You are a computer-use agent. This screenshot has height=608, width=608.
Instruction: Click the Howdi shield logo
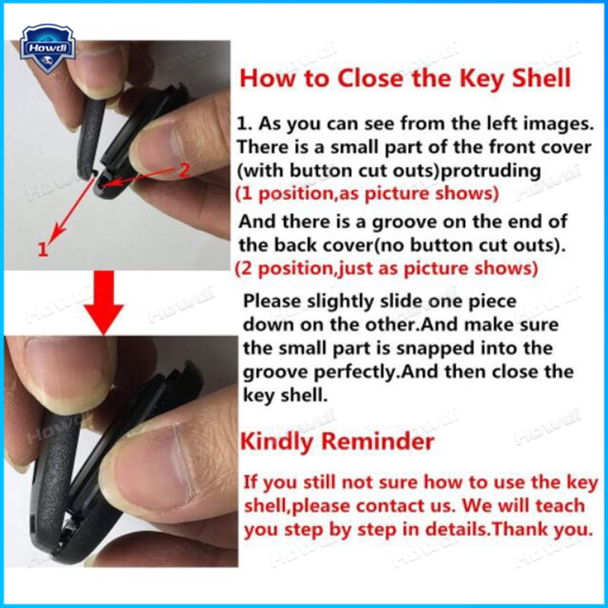tap(47, 49)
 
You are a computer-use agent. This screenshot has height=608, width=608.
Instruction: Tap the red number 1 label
tap(43, 249)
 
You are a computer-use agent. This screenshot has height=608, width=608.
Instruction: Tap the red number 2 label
tap(184, 170)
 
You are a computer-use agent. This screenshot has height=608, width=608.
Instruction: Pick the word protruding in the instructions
tap(491, 171)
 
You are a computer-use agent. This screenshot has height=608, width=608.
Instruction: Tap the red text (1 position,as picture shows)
tap(367, 194)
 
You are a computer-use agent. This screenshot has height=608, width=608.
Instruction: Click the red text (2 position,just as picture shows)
tap(387, 268)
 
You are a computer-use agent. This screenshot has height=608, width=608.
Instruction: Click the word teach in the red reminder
tap(560, 505)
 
